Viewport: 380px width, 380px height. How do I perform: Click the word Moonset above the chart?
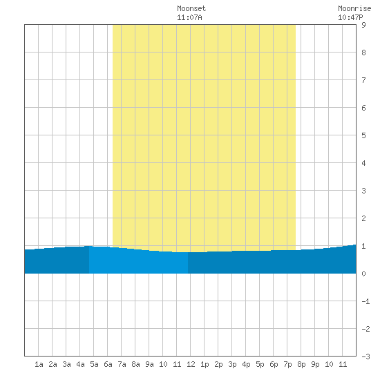pyautogui.click(x=191, y=8)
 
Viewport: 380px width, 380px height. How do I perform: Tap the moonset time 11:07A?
pyautogui.click(x=189, y=17)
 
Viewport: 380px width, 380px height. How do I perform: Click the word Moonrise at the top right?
pyautogui.click(x=354, y=8)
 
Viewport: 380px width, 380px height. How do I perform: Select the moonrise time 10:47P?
pyautogui.click(x=350, y=17)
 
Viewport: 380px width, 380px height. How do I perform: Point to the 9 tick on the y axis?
pyautogui.click(x=363, y=25)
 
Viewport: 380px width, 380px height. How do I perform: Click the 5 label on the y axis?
pyautogui.click(x=363, y=135)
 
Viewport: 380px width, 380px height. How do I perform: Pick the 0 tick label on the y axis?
pyautogui.click(x=363, y=274)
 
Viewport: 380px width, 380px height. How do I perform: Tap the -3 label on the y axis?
pyautogui.click(x=365, y=357)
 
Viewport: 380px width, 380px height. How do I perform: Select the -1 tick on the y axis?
pyautogui.click(x=365, y=301)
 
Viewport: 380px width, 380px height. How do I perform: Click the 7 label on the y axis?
pyautogui.click(x=363, y=80)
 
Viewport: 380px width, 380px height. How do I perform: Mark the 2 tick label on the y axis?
pyautogui.click(x=363, y=218)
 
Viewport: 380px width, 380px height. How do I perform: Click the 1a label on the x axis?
pyautogui.click(x=39, y=364)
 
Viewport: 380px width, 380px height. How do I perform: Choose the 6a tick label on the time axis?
pyautogui.click(x=108, y=364)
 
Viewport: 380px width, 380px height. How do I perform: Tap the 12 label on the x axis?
pyautogui.click(x=191, y=364)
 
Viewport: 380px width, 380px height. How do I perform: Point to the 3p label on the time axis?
pyautogui.click(x=232, y=364)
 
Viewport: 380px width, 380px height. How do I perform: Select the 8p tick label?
pyautogui.click(x=301, y=364)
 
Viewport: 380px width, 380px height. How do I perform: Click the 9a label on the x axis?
pyautogui.click(x=149, y=364)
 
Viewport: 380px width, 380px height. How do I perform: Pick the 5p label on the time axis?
pyautogui.click(x=260, y=364)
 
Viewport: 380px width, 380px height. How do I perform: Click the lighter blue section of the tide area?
pyautogui.click(x=138, y=261)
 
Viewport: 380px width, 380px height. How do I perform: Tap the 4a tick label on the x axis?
pyautogui.click(x=80, y=364)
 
